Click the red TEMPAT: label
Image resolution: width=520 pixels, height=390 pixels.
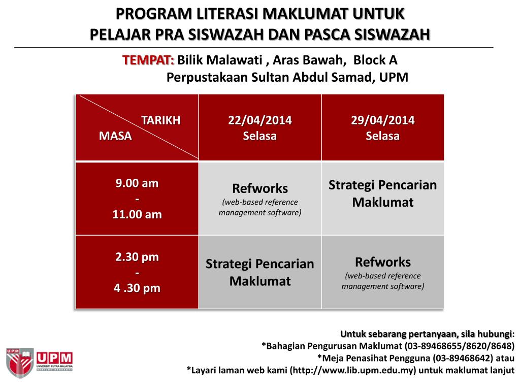[x=148, y=60]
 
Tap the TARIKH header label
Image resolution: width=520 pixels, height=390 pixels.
[x=160, y=120]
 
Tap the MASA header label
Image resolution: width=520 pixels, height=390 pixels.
[x=115, y=136]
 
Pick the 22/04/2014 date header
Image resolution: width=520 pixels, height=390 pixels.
[x=260, y=120]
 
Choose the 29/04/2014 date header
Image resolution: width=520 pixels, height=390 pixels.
[x=382, y=120]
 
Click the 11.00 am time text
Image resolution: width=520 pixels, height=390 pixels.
[x=137, y=214]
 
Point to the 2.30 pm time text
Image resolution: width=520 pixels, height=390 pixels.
[x=137, y=257]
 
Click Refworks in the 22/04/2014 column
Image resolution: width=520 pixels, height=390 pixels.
[x=260, y=188]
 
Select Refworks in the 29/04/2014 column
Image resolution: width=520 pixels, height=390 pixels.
[x=382, y=262]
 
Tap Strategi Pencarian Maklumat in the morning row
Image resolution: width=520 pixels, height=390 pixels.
[x=382, y=193]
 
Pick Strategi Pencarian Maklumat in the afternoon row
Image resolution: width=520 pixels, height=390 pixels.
[x=260, y=272]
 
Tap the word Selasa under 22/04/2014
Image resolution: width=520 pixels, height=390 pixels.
[x=260, y=136]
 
